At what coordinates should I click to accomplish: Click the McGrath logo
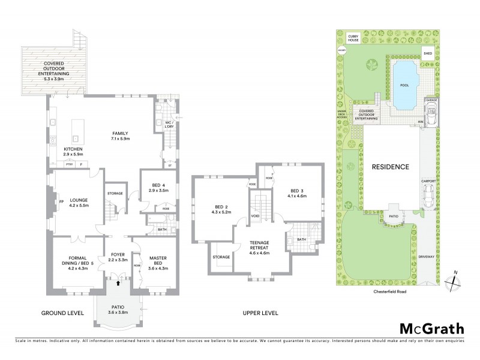click(431, 328)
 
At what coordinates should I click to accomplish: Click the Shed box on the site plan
click(428, 53)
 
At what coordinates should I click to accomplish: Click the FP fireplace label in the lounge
click(61, 201)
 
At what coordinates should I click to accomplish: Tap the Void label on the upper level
click(255, 215)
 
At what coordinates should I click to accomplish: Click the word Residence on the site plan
click(390, 167)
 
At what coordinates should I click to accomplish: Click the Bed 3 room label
click(298, 192)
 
